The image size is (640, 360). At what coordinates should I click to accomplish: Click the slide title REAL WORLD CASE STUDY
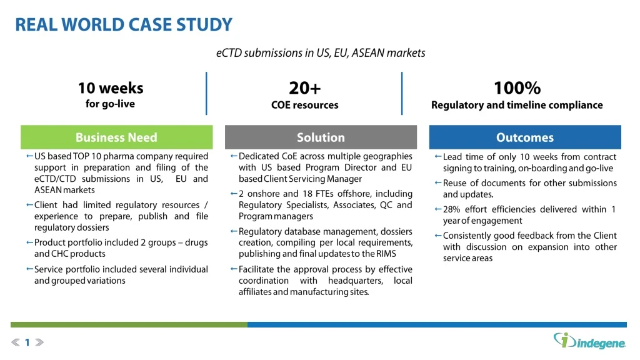pos(123,25)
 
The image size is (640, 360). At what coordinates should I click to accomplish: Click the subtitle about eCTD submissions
pos(320,53)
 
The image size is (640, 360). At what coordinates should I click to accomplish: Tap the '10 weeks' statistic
pos(110,87)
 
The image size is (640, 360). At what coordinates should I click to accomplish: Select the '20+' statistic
pos(304,87)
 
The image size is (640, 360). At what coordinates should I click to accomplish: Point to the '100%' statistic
pos(517,87)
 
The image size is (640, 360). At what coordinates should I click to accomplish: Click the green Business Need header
pos(116,137)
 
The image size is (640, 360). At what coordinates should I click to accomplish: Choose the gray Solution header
pos(321,137)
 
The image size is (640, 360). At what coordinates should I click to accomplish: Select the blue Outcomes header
pos(525,137)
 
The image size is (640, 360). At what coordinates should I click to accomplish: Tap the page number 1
pos(27,342)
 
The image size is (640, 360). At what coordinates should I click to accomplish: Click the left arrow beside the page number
pos(16,342)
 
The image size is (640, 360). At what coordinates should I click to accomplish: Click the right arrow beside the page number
pos(39,342)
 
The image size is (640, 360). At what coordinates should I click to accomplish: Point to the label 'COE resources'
pos(304,105)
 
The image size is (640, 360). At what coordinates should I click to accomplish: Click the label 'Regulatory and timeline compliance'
pos(517,105)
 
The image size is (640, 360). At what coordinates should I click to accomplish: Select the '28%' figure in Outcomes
pos(452,209)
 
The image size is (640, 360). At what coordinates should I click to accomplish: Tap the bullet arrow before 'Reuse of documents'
pos(438,183)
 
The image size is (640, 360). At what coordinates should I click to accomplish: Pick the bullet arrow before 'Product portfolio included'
pos(29,242)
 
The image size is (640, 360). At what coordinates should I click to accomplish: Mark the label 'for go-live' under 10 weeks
pos(110,104)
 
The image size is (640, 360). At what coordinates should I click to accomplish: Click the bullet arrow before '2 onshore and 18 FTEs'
pos(234,194)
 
